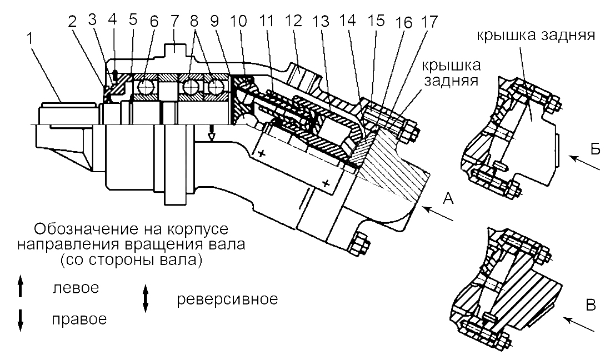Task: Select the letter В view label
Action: [x=592, y=304]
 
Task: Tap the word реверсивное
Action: [x=227, y=299]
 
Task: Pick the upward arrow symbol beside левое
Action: [x=21, y=288]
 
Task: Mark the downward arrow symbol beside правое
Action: [x=21, y=319]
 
